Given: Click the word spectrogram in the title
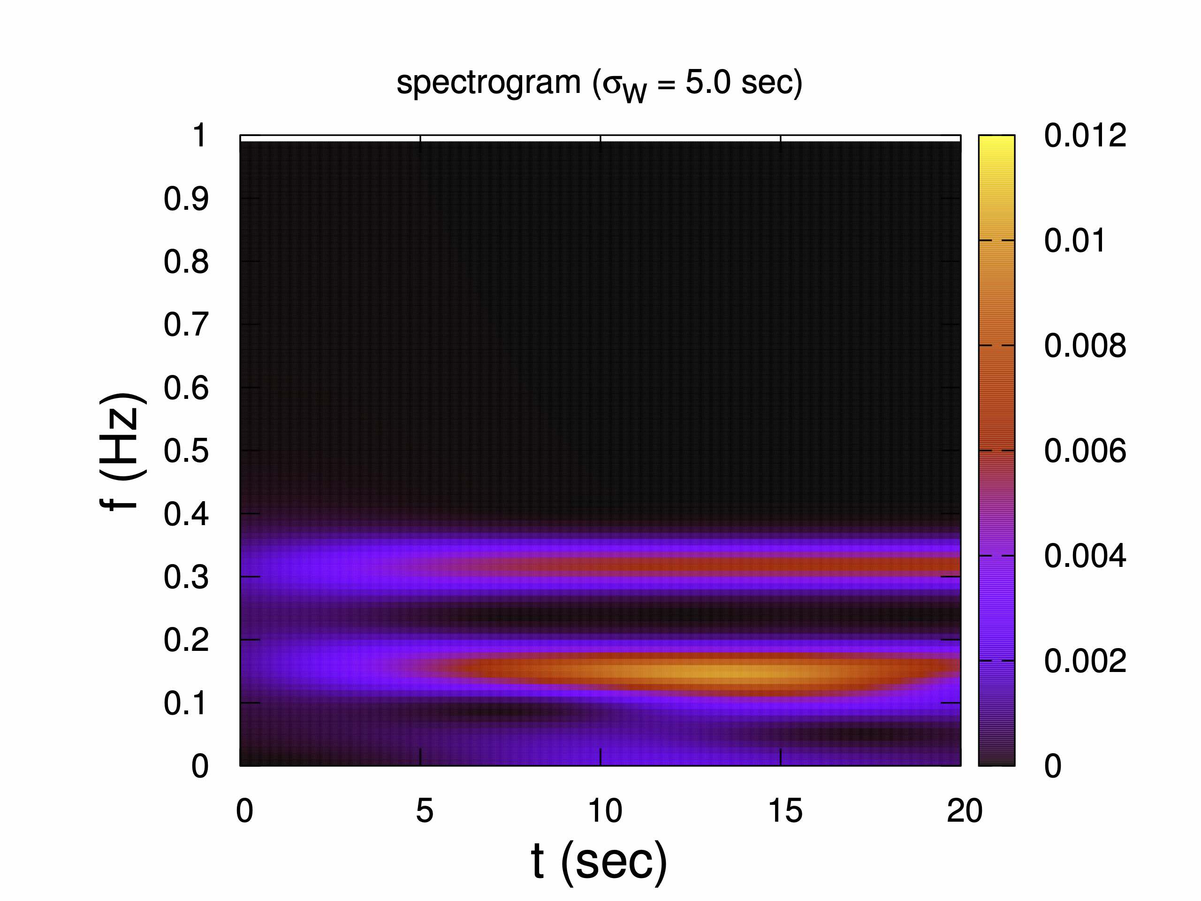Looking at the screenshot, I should tap(488, 83).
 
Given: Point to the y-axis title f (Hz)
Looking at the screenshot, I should tap(122, 451).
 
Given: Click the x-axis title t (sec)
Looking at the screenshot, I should tap(599, 860).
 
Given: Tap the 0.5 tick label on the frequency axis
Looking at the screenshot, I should tap(186, 451).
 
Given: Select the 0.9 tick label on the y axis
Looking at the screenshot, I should tap(186, 199).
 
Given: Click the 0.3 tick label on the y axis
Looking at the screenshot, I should tap(186, 577).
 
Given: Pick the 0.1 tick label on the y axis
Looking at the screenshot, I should tap(186, 703).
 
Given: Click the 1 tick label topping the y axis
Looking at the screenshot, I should tap(199, 135).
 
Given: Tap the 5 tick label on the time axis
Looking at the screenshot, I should tap(425, 811).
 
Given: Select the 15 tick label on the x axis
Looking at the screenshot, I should tap(785, 811).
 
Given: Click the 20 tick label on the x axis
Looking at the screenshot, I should tap(964, 811).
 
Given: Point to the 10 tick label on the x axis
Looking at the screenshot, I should tap(604, 811).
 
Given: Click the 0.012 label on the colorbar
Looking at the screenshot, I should tap(1084, 135).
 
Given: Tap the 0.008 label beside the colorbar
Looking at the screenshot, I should tap(1084, 345).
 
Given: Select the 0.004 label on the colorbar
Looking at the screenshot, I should tap(1084, 556).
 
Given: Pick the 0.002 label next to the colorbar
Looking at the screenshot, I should tap(1084, 661).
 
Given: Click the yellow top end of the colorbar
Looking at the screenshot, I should tap(996, 142).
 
